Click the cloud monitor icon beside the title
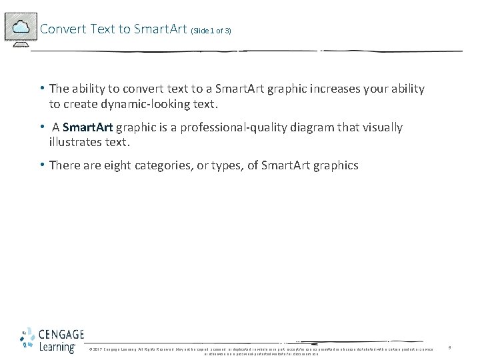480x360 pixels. [x=21, y=29]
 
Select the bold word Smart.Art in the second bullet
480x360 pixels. [x=87, y=127]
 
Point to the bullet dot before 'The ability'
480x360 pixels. [x=41, y=88]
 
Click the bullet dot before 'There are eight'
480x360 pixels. [x=41, y=165]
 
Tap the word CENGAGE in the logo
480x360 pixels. [x=61, y=335]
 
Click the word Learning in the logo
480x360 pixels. [x=57, y=347]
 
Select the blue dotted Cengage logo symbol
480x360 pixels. [x=28, y=340]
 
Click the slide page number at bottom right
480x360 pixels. [x=449, y=347]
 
